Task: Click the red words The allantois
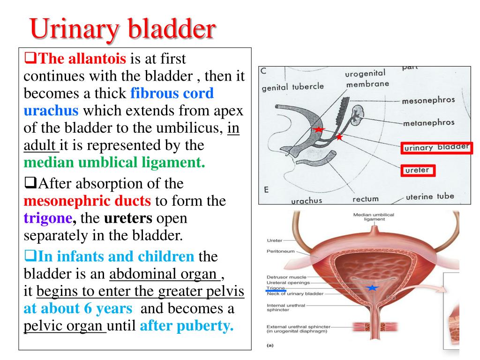[82, 59]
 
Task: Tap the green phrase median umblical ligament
[114, 163]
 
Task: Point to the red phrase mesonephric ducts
[87, 201]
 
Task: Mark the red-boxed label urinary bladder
[436, 148]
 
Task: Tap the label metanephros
[428, 123]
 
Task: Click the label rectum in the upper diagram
[365, 199]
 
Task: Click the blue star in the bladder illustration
[372, 287]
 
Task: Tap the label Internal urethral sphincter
[286, 308]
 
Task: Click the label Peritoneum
[281, 251]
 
